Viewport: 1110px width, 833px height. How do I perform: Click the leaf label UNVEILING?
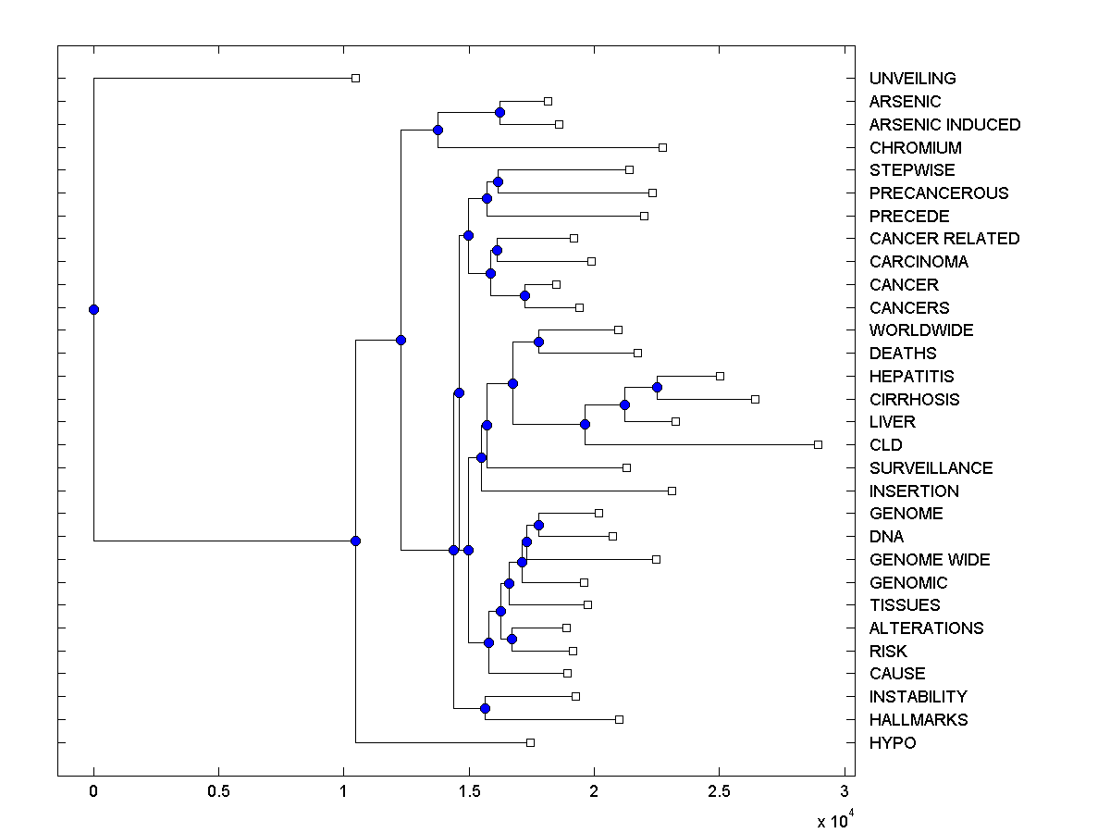tap(912, 79)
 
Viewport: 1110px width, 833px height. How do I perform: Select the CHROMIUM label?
tap(915, 148)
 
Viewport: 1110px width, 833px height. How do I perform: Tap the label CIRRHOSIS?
tap(914, 400)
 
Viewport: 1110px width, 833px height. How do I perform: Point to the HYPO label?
tap(892, 743)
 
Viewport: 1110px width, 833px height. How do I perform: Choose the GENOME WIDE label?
tap(929, 560)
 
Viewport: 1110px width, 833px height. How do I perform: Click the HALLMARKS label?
tap(918, 720)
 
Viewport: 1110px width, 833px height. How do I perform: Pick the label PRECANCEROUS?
tap(938, 193)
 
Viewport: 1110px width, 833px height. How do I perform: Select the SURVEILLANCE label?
tap(931, 468)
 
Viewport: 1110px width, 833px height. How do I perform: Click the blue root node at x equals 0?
tap(93, 309)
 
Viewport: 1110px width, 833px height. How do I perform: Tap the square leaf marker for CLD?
tap(818, 444)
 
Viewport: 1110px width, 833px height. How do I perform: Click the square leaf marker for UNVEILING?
tap(355, 79)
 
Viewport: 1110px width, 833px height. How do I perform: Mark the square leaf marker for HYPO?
tap(530, 742)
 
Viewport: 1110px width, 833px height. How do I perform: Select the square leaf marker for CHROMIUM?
tap(662, 147)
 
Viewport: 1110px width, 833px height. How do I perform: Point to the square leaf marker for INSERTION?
tap(672, 491)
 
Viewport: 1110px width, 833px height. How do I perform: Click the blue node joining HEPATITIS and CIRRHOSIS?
tap(657, 387)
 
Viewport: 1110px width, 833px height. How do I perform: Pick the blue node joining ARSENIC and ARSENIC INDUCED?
tap(499, 112)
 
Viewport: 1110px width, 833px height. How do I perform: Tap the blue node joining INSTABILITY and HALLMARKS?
tap(485, 708)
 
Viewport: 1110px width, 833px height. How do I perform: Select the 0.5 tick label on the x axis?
tap(218, 791)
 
